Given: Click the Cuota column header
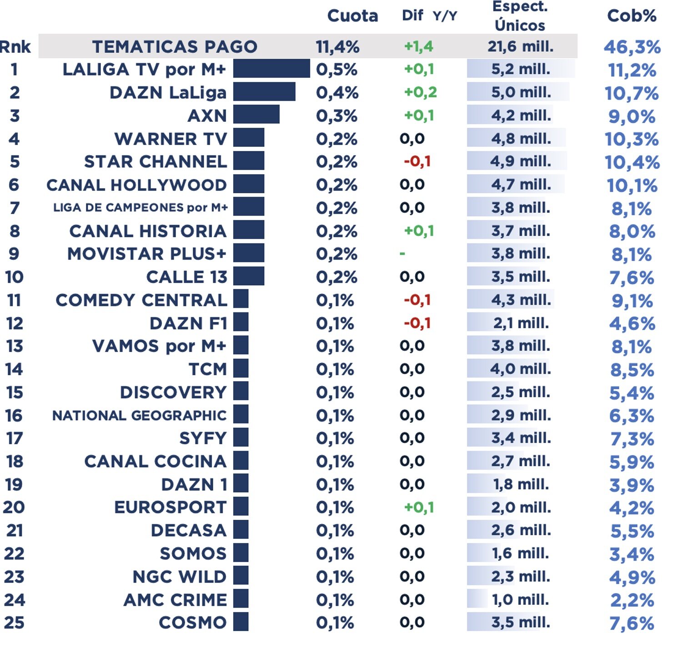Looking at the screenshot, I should point(352,16).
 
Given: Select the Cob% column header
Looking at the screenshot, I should point(632,16).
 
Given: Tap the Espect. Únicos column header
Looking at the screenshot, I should point(520,16).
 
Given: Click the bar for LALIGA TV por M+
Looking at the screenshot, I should point(271,69).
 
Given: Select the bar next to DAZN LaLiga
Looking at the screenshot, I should point(264,92).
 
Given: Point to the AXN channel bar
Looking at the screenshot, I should point(256,115).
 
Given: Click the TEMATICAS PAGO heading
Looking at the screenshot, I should point(175,46).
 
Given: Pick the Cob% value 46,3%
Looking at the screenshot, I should point(632,47).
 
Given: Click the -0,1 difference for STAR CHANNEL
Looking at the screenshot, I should point(417,161).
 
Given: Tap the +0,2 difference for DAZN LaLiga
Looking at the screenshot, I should point(420,92).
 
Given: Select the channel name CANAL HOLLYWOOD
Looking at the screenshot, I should point(136,185).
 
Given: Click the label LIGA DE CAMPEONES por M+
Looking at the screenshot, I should point(140,208).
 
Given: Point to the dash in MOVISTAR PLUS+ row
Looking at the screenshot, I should point(402,253).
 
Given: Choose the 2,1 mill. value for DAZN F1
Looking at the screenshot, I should point(521,323).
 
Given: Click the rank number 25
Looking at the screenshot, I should point(14,623).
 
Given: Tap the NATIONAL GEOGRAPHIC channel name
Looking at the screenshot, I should point(139,416).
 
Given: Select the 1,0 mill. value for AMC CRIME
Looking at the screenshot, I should point(521,600).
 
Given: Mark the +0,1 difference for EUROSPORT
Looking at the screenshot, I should point(419,507).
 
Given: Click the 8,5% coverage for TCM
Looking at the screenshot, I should point(632,370).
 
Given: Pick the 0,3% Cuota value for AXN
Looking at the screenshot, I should point(336,116).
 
